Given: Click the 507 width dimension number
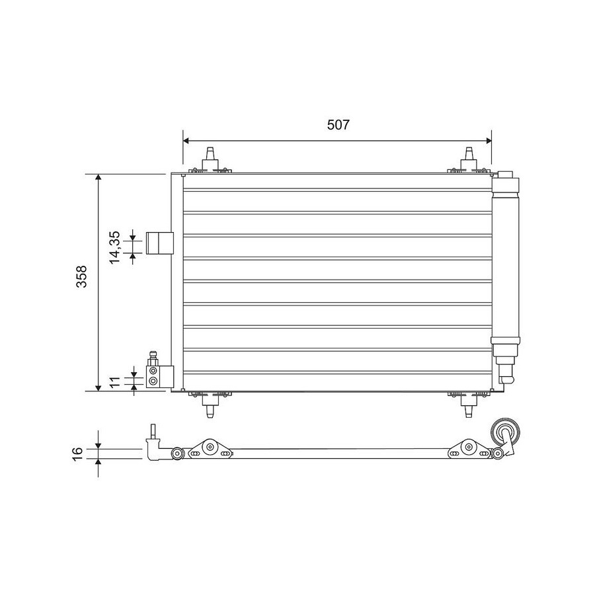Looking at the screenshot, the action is (338, 124).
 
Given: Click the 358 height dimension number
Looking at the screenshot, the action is (81, 276).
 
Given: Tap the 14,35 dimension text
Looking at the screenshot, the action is (114, 247).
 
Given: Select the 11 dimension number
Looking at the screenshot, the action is (115, 381).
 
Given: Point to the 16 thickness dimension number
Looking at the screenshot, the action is (77, 453).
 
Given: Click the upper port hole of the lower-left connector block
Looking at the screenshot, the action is (153, 370).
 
